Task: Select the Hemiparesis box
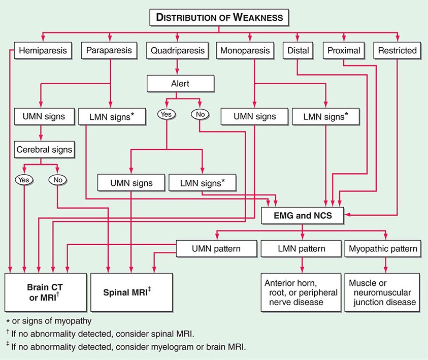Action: pos(42,51)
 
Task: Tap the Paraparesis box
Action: pos(110,51)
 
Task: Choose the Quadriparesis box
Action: pos(178,51)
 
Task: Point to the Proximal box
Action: pos(344,51)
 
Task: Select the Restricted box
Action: pos(397,51)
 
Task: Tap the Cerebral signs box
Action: pos(44,150)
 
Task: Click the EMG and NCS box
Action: pos(304,216)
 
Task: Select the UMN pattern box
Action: pos(216,249)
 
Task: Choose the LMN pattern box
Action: pos(303,249)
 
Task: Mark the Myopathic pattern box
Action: pos(383,249)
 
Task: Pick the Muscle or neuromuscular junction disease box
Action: pos(383,292)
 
